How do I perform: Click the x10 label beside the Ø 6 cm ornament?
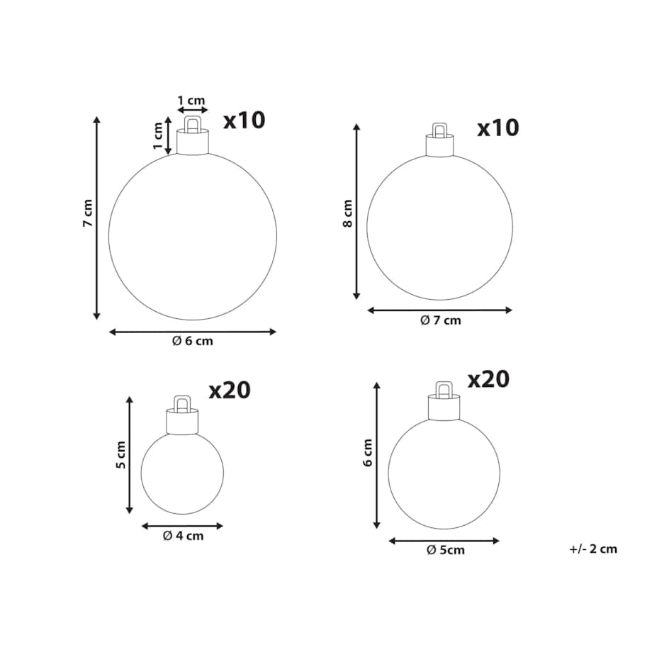[244, 120]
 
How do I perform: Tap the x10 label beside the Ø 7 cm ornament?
[498, 128]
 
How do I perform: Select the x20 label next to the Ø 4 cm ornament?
[230, 390]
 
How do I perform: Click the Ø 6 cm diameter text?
[193, 341]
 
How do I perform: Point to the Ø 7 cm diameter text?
[441, 320]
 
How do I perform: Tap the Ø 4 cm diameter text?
[184, 536]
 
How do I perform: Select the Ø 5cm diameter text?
[446, 550]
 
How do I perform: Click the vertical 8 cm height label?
[348, 213]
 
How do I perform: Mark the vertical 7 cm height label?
[88, 213]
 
